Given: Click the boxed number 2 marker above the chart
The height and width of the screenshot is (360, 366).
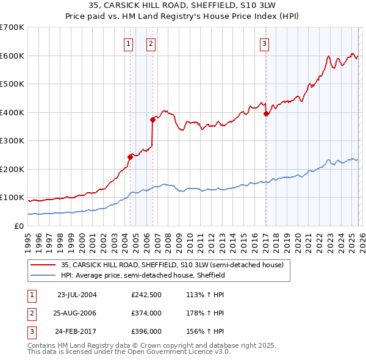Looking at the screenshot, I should tap(151, 43).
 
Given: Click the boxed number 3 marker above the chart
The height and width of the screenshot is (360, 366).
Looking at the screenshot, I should tap(265, 43).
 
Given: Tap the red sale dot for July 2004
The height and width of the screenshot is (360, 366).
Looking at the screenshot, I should tap(130, 157).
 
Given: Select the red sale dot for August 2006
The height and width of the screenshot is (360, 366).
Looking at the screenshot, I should tap(152, 120).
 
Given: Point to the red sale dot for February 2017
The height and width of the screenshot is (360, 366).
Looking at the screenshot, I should tap(266, 113).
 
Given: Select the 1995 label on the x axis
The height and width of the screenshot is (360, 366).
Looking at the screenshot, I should tap(28, 240).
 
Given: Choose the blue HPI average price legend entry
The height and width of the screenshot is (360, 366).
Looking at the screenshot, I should tap(143, 276).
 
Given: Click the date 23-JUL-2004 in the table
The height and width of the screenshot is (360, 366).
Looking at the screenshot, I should tap(77, 294).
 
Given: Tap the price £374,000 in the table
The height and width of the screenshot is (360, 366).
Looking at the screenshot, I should tap(146, 313).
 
